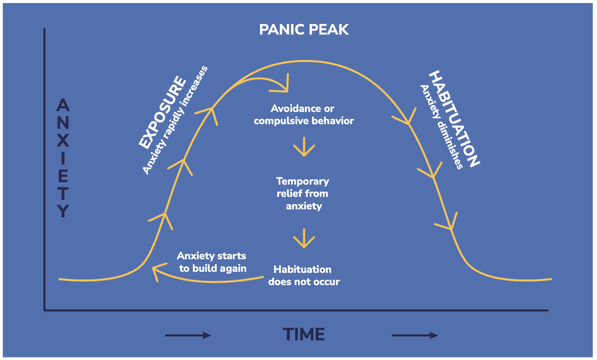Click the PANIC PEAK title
pyautogui.click(x=304, y=29)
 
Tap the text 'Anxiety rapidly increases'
pyautogui.click(x=174, y=120)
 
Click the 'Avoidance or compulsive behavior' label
pyautogui.click(x=304, y=115)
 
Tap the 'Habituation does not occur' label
pyautogui.click(x=303, y=275)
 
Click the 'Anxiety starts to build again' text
pyautogui.click(x=211, y=262)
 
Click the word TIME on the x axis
pyautogui.click(x=304, y=334)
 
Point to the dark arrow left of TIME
pyautogui.click(x=188, y=335)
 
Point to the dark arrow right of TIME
pyautogui.click(x=415, y=335)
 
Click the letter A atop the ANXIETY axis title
pyautogui.click(x=63, y=106)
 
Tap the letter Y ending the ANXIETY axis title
pyautogui.click(x=63, y=211)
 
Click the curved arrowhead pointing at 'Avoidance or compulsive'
pyautogui.click(x=283, y=87)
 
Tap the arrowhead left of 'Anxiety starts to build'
pyautogui.click(x=156, y=272)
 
